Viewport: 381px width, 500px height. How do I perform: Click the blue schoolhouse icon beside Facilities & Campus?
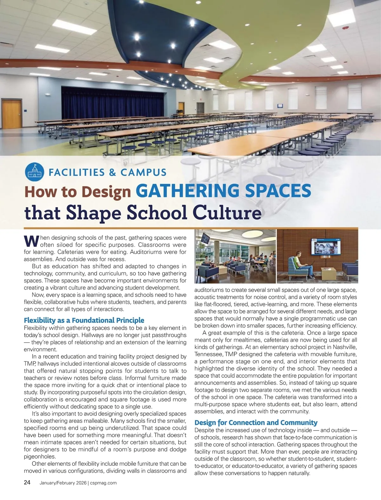(34, 173)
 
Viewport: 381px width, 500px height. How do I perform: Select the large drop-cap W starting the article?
(31, 241)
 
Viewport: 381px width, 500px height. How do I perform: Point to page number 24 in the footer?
(27, 483)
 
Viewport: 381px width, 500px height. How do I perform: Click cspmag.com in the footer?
(103, 483)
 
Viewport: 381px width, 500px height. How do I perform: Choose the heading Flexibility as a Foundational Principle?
(84, 320)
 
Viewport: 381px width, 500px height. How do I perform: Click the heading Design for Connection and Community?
(256, 423)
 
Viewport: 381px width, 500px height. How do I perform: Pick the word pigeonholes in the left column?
(40, 457)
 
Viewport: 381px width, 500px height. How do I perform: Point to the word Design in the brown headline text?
(107, 192)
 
